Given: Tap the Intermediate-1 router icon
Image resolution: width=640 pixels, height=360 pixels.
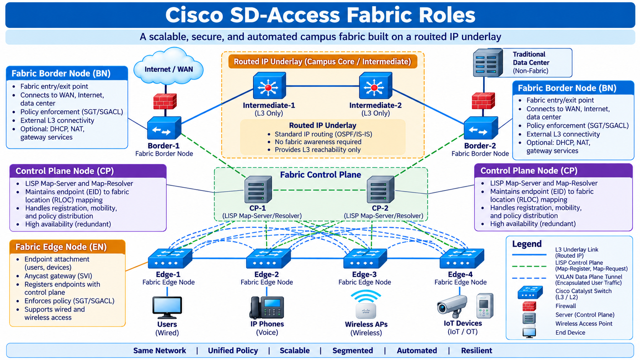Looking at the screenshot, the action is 269,85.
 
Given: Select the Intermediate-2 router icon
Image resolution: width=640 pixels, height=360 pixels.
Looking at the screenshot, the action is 376,85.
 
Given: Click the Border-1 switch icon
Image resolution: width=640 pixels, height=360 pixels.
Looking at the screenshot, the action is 164,128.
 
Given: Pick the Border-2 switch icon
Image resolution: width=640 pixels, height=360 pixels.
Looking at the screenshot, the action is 481,128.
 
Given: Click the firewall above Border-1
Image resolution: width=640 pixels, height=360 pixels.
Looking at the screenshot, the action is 165,101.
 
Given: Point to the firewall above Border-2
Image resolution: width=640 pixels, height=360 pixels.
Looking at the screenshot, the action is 483,101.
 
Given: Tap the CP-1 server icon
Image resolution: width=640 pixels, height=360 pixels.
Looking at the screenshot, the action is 258,189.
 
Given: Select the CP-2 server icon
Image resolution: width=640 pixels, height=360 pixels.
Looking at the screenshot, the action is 380,189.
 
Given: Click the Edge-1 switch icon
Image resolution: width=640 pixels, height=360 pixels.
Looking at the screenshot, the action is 170,258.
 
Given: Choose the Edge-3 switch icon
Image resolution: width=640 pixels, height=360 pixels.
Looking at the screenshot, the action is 365,258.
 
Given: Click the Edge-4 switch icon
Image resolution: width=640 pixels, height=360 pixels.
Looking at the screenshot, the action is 462,258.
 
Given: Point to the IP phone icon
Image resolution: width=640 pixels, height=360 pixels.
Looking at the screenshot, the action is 267,308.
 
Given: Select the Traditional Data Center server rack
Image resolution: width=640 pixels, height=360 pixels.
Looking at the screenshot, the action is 488,63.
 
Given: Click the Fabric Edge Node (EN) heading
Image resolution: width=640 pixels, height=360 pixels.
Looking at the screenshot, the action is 61,247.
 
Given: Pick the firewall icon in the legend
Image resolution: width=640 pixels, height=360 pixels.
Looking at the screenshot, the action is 529,306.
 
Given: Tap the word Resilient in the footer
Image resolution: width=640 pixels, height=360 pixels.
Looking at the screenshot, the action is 477,350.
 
